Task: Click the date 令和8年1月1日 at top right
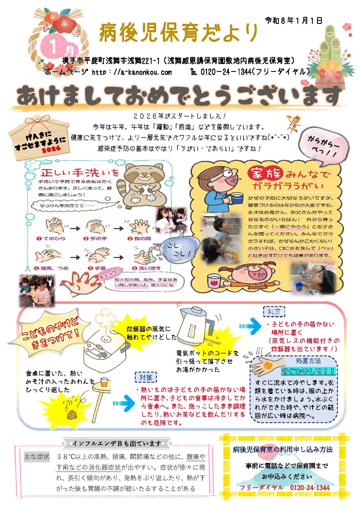[293, 20]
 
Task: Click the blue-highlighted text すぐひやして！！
[308, 371]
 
